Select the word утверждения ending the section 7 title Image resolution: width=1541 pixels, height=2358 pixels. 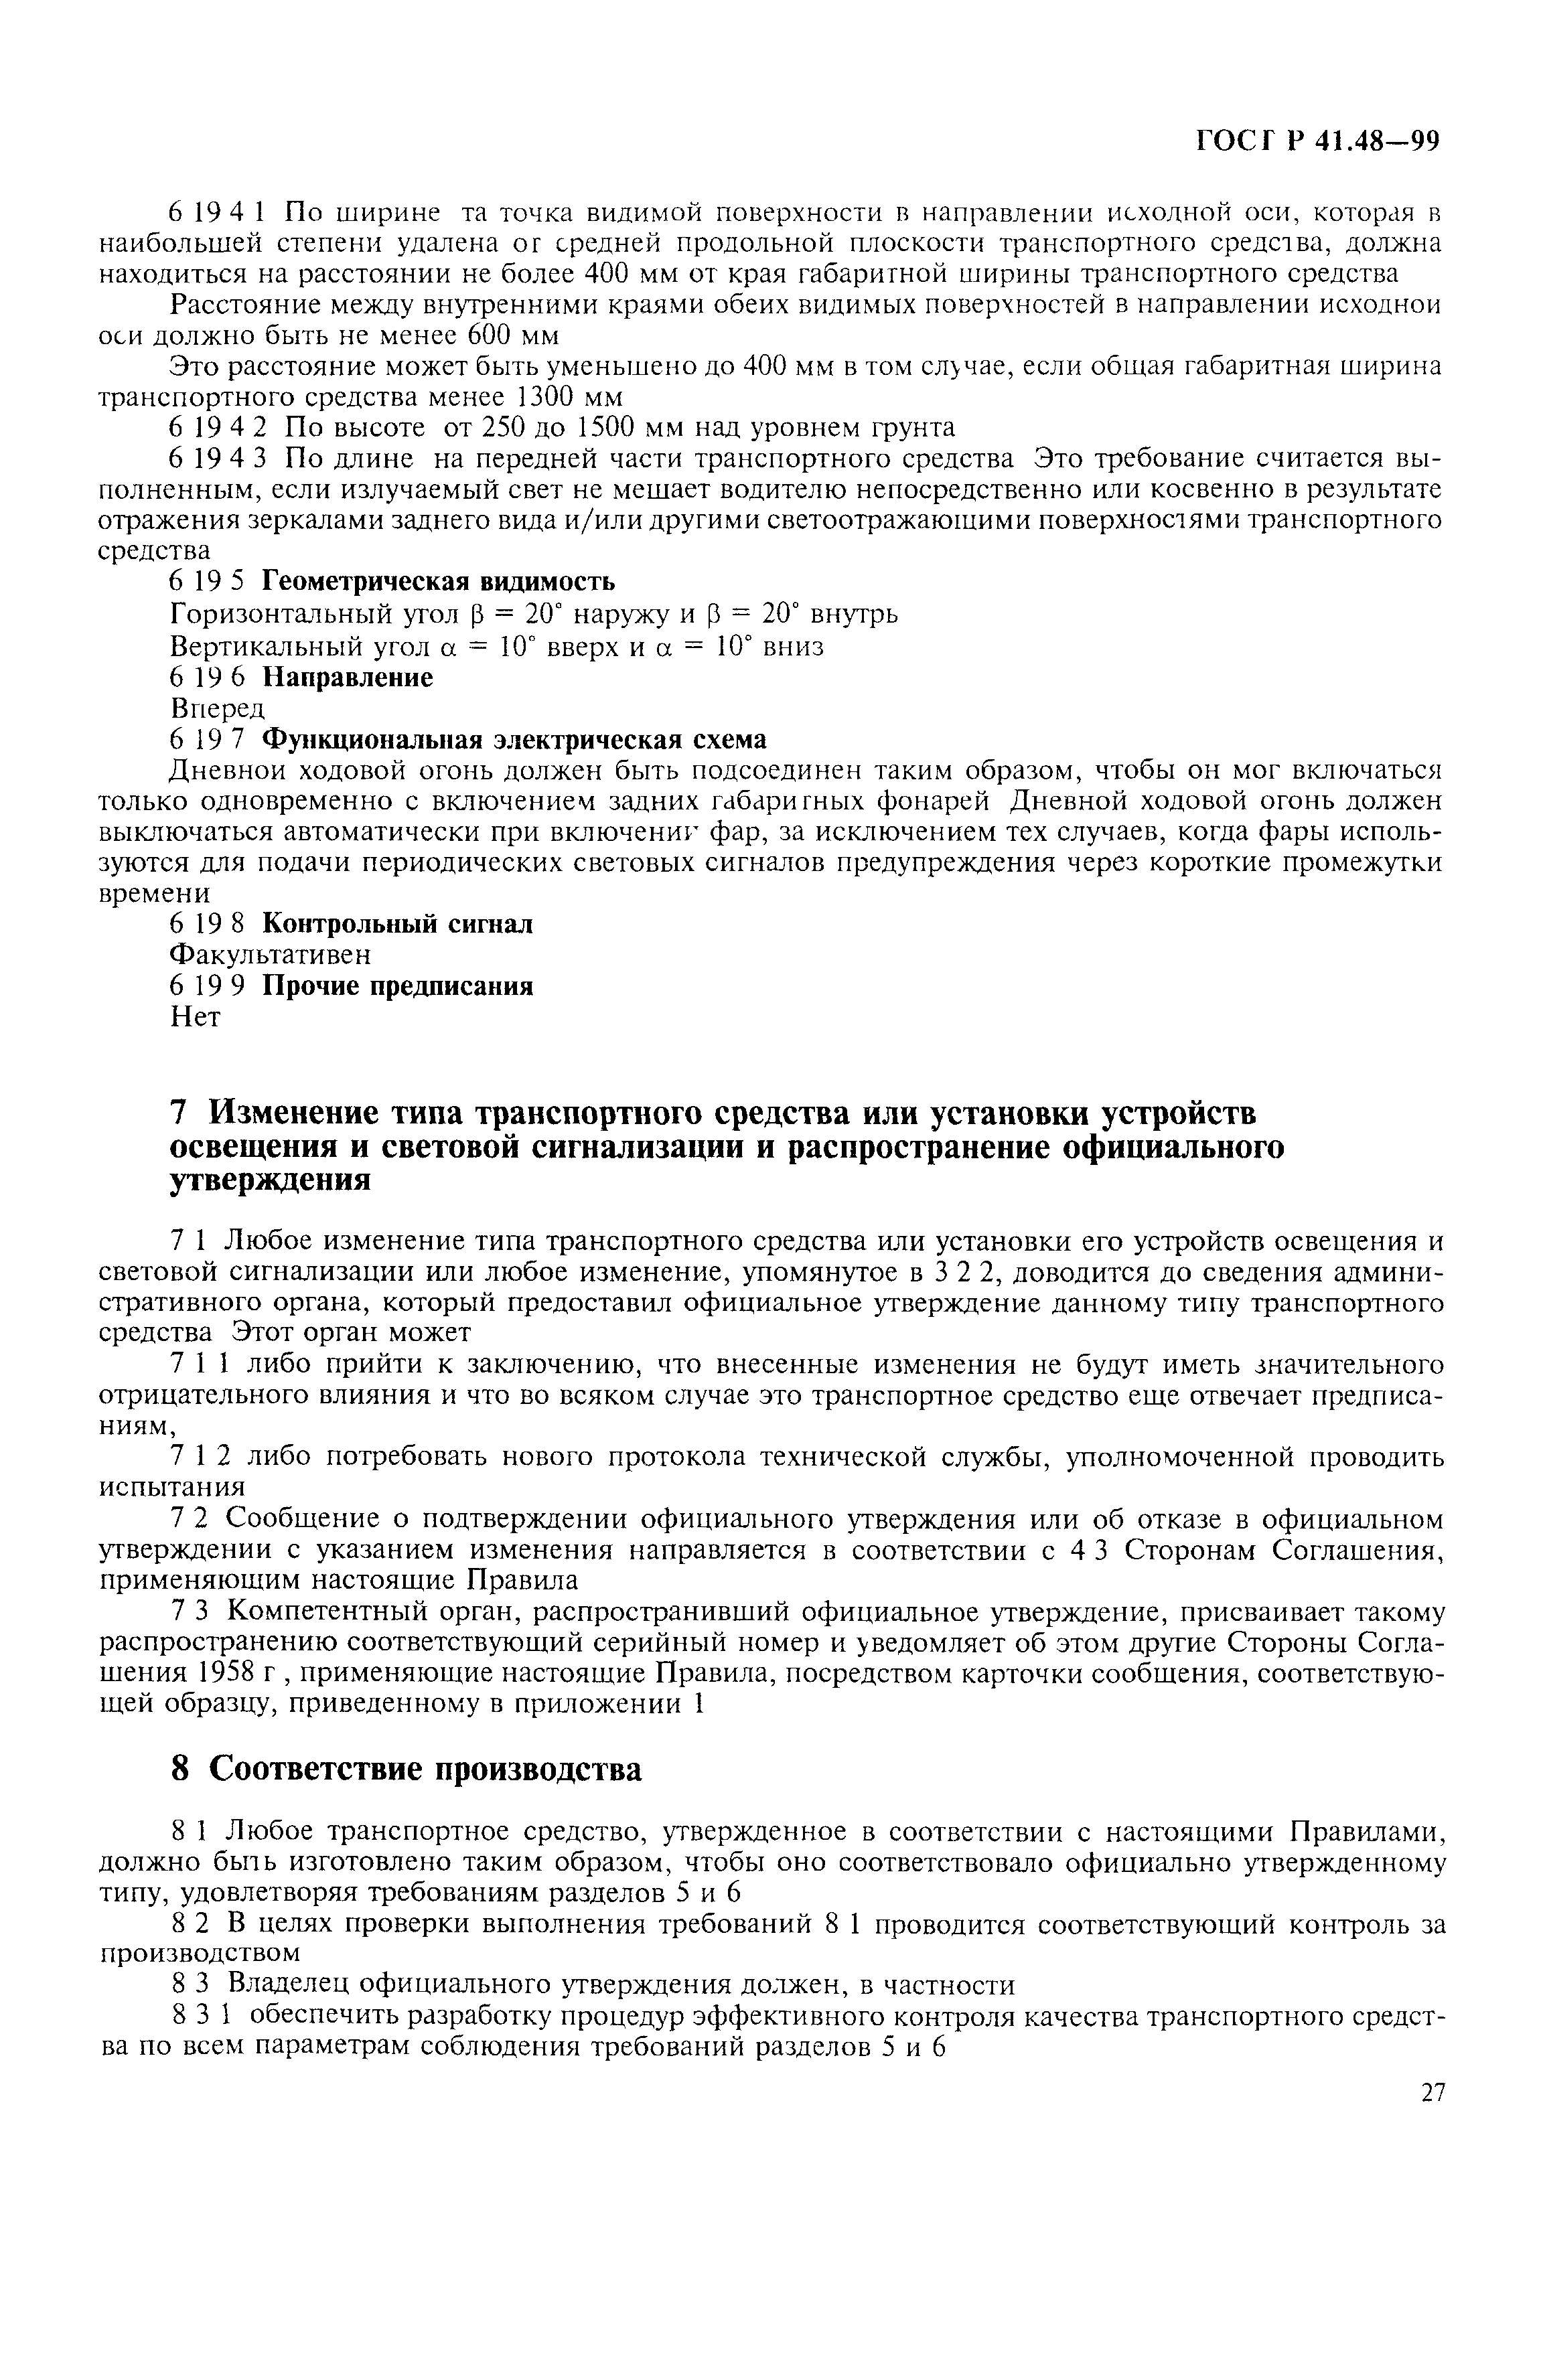point(271,1180)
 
